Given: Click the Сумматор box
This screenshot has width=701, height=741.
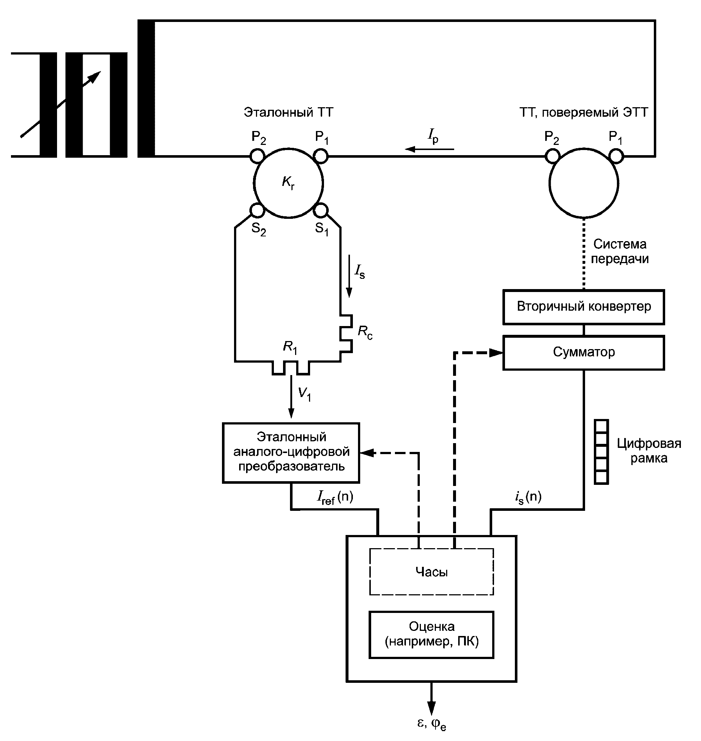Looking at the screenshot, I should pos(583,352).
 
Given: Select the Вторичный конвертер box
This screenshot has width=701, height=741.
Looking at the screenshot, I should pos(583,307).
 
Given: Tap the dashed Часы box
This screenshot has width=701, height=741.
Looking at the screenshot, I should pos(431,572).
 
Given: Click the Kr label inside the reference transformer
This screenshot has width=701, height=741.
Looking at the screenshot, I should pos(288,183).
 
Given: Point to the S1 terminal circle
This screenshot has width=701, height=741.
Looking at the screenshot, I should pos(321,210).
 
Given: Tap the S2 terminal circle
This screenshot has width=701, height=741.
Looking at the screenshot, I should pos(257,210).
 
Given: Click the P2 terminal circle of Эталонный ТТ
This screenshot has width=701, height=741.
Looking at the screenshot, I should pos(257,156).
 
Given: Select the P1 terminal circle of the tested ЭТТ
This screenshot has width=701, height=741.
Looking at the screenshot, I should pos(616,156).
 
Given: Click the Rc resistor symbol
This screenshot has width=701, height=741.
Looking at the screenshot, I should pos(346,333).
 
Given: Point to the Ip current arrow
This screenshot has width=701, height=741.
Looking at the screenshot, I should pos(430,149).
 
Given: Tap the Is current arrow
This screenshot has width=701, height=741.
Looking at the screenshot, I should pos(349,276).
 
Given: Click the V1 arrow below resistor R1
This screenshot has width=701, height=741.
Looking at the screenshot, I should pos(291,396).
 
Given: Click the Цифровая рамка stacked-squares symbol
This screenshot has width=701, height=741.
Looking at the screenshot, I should pos(601,452).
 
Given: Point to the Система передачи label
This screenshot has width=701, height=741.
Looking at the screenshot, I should pos(619,251).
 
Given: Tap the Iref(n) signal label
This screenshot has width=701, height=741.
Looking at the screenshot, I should pos(335,497).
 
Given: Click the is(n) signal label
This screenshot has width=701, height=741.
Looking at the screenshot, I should pos(528,497).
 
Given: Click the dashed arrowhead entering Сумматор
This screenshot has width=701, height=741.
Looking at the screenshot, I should pos(496,352).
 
